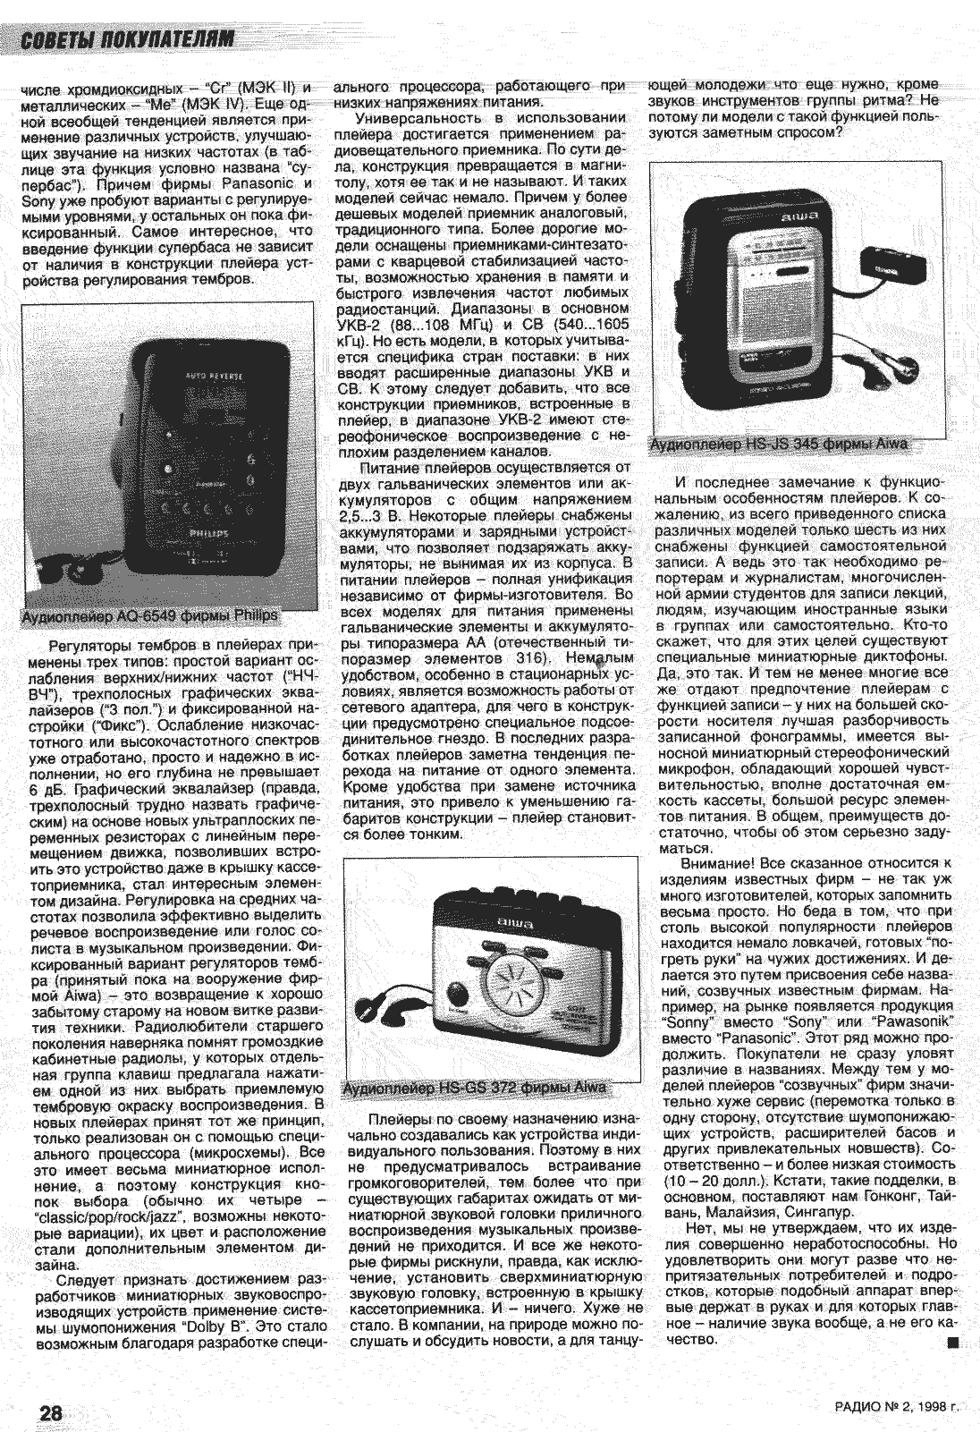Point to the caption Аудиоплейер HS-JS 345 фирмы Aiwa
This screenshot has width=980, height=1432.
779,444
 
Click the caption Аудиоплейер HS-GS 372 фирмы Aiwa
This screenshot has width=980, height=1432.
474,1088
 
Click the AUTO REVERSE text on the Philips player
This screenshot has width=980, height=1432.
213,377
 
